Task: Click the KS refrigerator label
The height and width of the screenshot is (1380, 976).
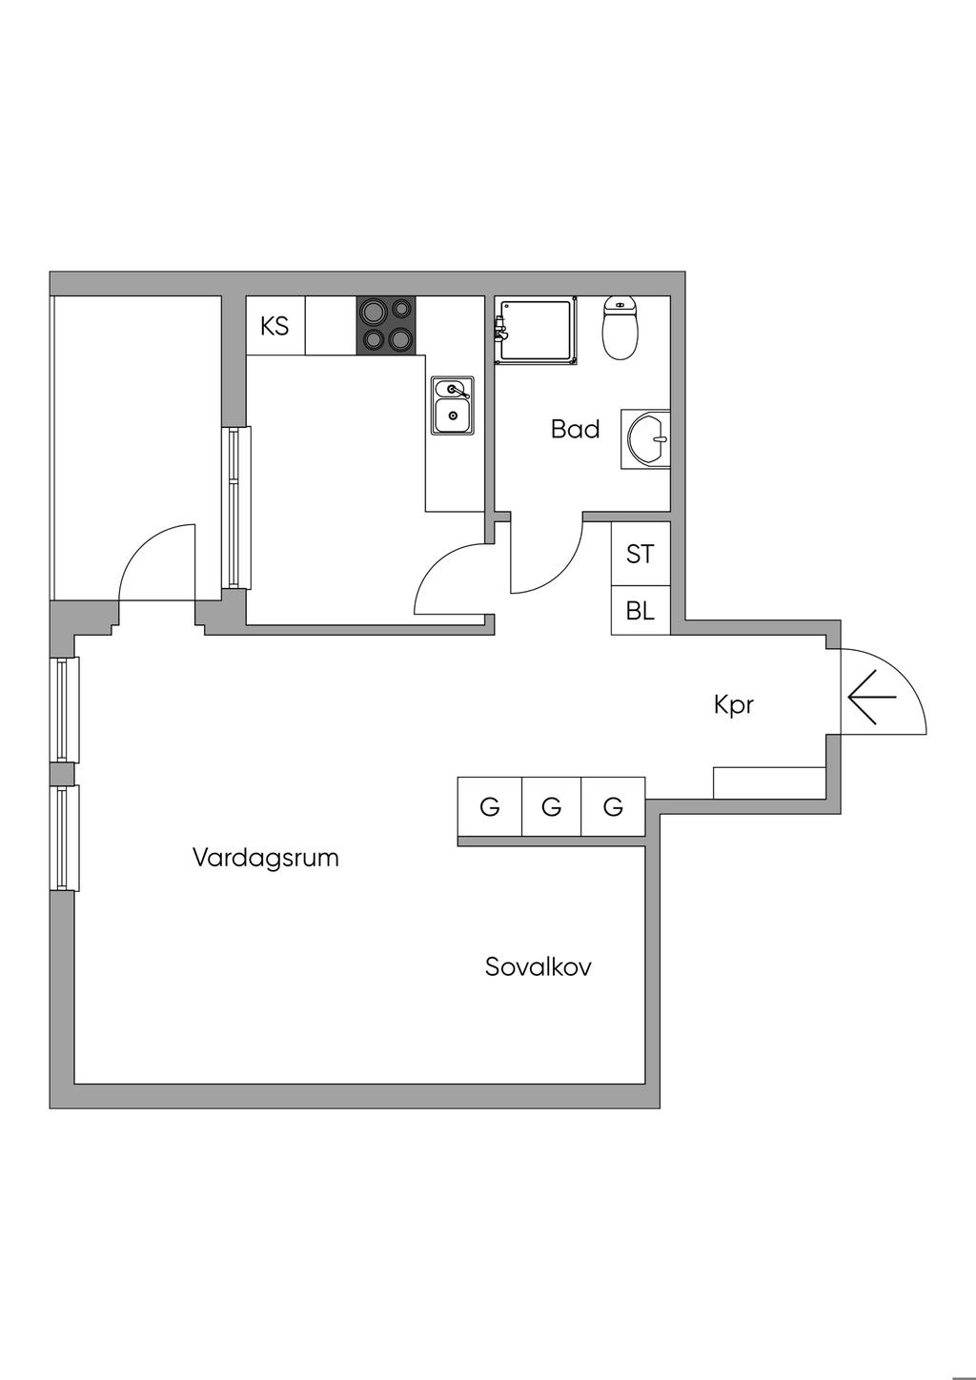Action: click(274, 326)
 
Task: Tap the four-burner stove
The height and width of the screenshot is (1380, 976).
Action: click(386, 326)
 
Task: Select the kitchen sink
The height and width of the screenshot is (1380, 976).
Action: click(452, 406)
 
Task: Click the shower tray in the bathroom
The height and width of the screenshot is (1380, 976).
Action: click(536, 330)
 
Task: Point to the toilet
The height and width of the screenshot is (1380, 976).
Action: click(620, 328)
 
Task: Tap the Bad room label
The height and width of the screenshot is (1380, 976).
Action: click(575, 429)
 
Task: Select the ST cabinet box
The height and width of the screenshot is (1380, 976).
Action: click(640, 553)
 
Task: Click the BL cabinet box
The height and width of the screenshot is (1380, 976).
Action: click(640, 611)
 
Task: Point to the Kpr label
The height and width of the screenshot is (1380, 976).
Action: click(734, 705)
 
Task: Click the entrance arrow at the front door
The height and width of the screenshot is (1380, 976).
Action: click(871, 697)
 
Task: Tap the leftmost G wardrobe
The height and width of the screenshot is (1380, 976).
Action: click(490, 807)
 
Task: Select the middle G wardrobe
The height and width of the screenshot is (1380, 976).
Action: click(551, 807)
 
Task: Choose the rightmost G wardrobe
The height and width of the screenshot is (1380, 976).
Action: click(613, 807)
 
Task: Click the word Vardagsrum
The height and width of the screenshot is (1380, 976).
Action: click(266, 858)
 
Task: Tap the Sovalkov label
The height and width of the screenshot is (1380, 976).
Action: click(538, 966)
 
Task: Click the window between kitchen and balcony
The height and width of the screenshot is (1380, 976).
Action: click(235, 507)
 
